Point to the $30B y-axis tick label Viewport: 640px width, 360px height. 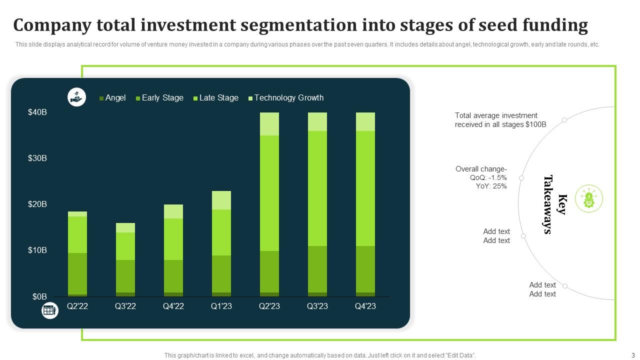pyautogui.click(x=37, y=158)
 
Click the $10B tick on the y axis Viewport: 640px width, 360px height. pyautogui.click(x=37, y=250)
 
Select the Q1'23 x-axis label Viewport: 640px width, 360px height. pyautogui.click(x=221, y=306)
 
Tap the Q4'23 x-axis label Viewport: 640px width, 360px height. pyautogui.click(x=365, y=306)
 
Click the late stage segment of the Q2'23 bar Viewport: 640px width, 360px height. pyautogui.click(x=269, y=193)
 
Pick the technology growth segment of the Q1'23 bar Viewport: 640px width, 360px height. pyautogui.click(x=221, y=200)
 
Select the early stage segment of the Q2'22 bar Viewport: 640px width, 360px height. pyautogui.click(x=77, y=273)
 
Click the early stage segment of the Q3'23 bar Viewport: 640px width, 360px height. pyautogui.click(x=317, y=269)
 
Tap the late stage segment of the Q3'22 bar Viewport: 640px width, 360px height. pyautogui.click(x=125, y=246)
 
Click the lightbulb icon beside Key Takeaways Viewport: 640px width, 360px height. pyautogui.click(x=589, y=199)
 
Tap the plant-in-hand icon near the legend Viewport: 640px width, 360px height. pyautogui.click(x=76, y=97)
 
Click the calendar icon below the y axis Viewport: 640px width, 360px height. pyautogui.click(x=49, y=310)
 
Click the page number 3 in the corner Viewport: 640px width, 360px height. pyautogui.click(x=633, y=355)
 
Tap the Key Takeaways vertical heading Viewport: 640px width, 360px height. pyautogui.click(x=555, y=204)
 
